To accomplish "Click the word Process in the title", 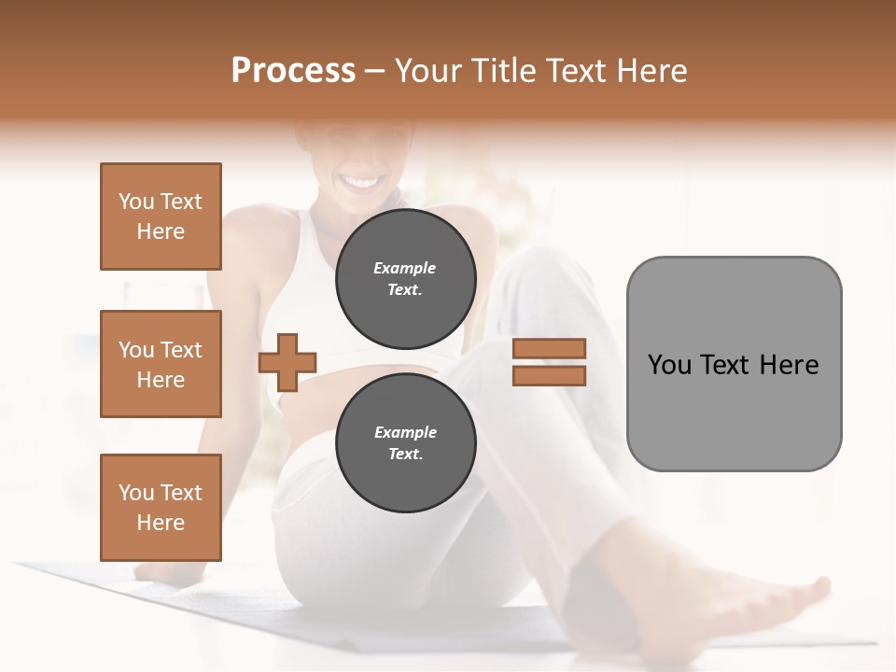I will (x=293, y=71).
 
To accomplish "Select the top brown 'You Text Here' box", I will (x=161, y=217).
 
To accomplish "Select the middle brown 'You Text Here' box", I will (x=161, y=364).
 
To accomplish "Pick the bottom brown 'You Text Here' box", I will (x=161, y=508).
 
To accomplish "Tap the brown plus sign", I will (x=287, y=362).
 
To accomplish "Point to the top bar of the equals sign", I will (x=549, y=348).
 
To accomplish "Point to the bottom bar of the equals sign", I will (x=549, y=376).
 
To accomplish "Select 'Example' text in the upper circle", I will (x=405, y=268).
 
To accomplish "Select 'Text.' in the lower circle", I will (x=405, y=454).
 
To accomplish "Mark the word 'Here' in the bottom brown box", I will (x=161, y=523).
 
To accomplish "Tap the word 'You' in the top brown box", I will (x=136, y=202).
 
